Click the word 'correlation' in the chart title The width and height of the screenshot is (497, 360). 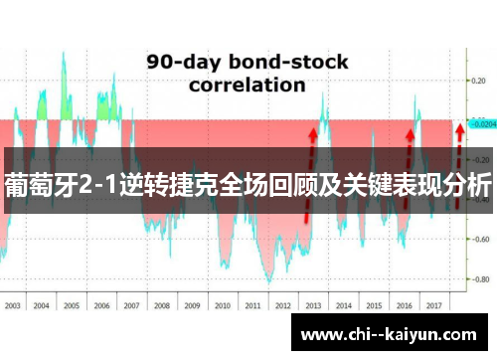248,85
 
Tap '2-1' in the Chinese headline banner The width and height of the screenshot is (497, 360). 95,184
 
